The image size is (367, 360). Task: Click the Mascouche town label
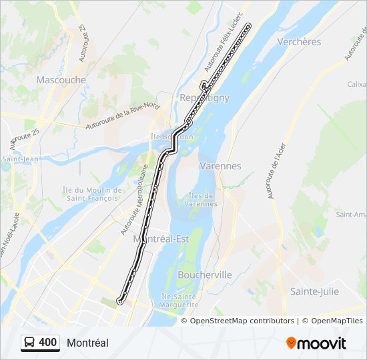point(61,79)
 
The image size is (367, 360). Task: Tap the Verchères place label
point(299,41)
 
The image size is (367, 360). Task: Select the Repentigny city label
point(204,97)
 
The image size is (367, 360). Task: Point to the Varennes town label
point(220,165)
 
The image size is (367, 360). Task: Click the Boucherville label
point(205,274)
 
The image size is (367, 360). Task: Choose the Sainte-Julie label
point(314,291)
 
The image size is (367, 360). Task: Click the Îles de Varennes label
point(201,199)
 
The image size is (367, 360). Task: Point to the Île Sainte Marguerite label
point(180,300)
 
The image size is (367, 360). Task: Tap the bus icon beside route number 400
point(30,343)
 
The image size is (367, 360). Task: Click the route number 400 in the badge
point(48,343)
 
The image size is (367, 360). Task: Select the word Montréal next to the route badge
point(87,343)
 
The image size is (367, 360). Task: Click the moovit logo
point(316,343)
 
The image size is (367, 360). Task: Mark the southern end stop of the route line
point(119,301)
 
